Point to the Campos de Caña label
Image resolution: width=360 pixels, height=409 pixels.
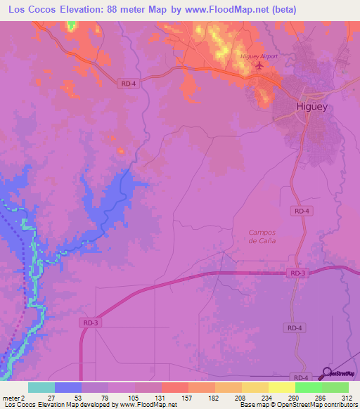click(x=262, y=236)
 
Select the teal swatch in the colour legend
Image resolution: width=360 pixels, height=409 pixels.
click(x=41, y=387)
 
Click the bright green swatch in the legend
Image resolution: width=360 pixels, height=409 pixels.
click(x=307, y=387)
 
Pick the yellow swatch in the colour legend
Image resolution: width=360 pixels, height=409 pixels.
click(x=281, y=387)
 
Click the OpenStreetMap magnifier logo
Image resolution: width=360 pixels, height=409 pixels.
click(x=325, y=374)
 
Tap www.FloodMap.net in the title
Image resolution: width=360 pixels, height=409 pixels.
click(x=217, y=10)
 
